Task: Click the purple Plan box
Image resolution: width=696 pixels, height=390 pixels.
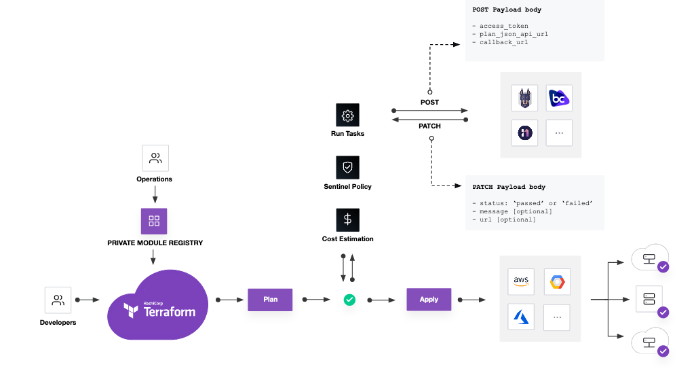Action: (x=269, y=300)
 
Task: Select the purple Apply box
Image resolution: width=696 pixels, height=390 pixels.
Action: (x=429, y=300)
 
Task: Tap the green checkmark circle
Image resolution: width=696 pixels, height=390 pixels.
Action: (x=349, y=300)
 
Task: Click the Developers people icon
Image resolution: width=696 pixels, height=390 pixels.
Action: (x=58, y=300)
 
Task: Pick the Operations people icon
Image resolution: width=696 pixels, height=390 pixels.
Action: (x=155, y=158)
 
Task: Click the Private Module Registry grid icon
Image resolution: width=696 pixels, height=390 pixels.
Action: (x=154, y=221)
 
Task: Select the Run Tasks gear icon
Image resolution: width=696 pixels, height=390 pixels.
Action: (x=347, y=116)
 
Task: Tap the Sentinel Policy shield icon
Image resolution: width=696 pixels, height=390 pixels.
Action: (x=347, y=167)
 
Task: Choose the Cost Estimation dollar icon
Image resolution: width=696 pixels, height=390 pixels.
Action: (x=347, y=219)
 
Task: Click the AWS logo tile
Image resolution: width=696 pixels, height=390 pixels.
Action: (x=521, y=281)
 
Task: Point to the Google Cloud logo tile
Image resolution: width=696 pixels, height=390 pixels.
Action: (x=556, y=281)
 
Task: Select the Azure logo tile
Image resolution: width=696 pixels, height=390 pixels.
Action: (x=521, y=316)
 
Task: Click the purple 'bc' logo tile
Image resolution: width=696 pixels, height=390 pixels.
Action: (x=558, y=98)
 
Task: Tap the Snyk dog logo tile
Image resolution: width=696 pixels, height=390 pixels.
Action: (x=524, y=98)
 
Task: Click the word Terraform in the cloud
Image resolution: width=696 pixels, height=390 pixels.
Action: (x=169, y=312)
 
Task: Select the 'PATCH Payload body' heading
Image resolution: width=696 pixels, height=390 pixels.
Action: (x=509, y=187)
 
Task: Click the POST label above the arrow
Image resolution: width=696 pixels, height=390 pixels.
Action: (x=429, y=102)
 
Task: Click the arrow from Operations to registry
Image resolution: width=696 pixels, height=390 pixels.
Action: (x=155, y=196)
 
